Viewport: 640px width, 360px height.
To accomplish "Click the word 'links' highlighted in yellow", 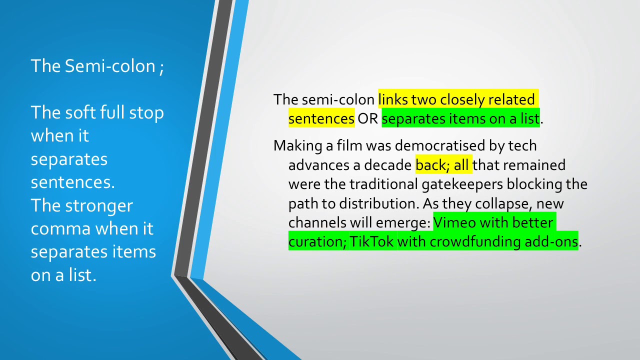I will [393, 99].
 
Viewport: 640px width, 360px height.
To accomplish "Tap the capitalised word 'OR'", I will [368, 119].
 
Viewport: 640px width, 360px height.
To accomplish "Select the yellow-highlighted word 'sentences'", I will [321, 119].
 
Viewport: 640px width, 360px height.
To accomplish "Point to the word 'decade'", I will [387, 165].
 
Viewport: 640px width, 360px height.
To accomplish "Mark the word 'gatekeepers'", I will [462, 184].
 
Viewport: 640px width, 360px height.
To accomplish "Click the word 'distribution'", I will [378, 203].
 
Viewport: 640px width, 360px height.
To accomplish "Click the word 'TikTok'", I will [371, 242].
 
